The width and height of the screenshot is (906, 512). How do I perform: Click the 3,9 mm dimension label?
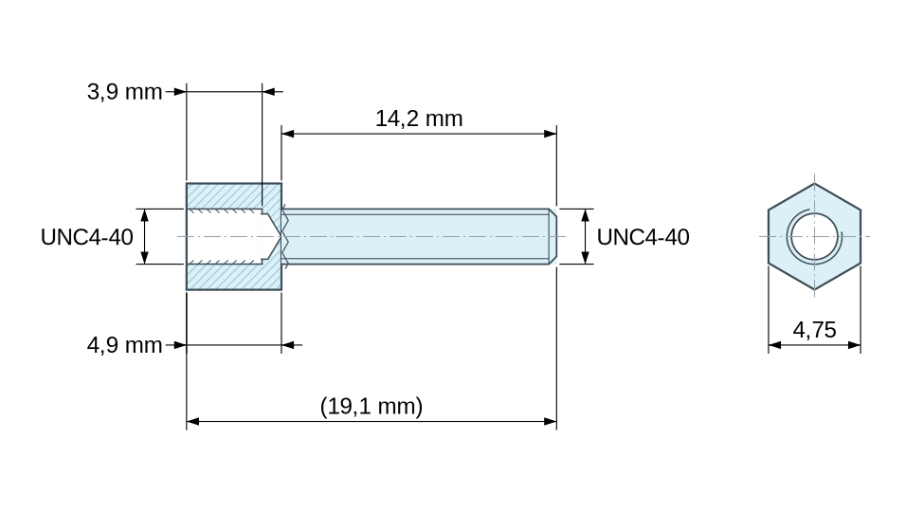[x=124, y=92]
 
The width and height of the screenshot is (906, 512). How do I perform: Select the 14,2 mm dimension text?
[x=419, y=119]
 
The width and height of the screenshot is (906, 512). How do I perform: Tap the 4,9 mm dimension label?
[x=124, y=345]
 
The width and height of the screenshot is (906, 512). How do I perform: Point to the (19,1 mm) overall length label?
[x=371, y=406]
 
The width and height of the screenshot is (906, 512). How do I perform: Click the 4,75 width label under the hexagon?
[x=814, y=330]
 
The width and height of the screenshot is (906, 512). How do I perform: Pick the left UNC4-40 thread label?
[x=86, y=237]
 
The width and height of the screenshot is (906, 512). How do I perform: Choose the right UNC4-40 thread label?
[x=643, y=237]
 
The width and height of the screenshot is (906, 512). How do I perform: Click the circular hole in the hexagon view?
[x=814, y=236]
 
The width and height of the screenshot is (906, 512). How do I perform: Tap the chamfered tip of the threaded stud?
[x=553, y=236]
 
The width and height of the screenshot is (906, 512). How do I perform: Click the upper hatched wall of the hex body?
[x=233, y=196]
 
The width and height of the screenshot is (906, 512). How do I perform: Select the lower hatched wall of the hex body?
[x=233, y=276]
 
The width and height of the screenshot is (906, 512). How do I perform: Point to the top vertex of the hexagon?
[x=814, y=184]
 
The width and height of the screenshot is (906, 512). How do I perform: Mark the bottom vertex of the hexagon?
[x=814, y=289]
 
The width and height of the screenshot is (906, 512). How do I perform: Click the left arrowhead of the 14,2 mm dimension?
[x=288, y=134]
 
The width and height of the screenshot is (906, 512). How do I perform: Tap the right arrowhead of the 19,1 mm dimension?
[x=551, y=421]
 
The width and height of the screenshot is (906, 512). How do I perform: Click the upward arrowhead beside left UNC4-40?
[x=145, y=215]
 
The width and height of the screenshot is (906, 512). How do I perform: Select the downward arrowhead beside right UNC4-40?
[x=586, y=257]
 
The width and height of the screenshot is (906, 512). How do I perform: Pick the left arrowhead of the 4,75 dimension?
[x=775, y=345]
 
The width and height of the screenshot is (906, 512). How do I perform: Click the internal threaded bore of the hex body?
[x=226, y=236]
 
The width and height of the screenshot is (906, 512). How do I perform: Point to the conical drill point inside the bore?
[x=273, y=236]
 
